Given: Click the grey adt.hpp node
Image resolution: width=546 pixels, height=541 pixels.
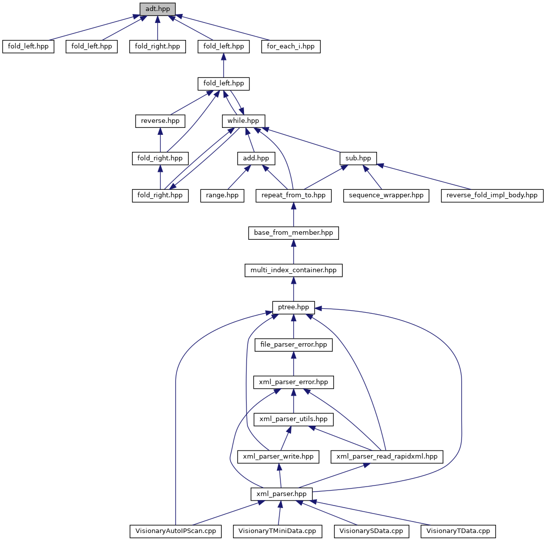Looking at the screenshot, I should coord(157,8).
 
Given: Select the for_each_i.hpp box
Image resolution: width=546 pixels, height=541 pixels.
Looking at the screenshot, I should coord(291,46).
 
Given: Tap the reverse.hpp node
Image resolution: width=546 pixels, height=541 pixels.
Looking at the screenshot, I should coord(160,121).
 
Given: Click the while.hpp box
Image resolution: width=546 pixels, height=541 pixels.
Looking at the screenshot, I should coord(243,121).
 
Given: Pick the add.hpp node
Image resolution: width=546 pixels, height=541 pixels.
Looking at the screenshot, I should coord(256,158).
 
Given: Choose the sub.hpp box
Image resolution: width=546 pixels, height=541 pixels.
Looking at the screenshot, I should coord(358,158).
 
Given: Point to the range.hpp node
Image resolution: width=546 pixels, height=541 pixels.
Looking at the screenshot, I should coord(222,195).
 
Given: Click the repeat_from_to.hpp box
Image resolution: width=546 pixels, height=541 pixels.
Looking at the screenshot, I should coord(293,195).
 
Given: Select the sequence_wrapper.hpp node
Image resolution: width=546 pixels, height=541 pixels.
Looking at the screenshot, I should coord(386,195).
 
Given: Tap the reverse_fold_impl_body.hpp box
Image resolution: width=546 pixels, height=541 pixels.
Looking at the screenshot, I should coord(492,195).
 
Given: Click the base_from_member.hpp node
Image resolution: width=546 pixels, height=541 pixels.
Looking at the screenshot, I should coord(293,232).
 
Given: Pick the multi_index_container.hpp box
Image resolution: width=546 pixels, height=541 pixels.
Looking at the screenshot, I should coord(293,270).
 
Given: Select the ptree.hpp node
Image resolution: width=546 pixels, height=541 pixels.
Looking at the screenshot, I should coord(293,307).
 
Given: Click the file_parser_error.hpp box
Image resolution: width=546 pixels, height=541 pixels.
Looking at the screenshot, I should coord(293,344).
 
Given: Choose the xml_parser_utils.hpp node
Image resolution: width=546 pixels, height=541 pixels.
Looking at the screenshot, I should coord(293,419).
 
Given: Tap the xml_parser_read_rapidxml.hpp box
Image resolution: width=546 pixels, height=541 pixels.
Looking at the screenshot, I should coord(387,456).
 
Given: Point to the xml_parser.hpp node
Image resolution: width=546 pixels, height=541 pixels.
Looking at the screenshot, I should coord(281,494).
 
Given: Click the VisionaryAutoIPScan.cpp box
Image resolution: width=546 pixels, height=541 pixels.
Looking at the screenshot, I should coord(175,531).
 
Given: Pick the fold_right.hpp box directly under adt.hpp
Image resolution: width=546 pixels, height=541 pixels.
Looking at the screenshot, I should coord(157,46).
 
